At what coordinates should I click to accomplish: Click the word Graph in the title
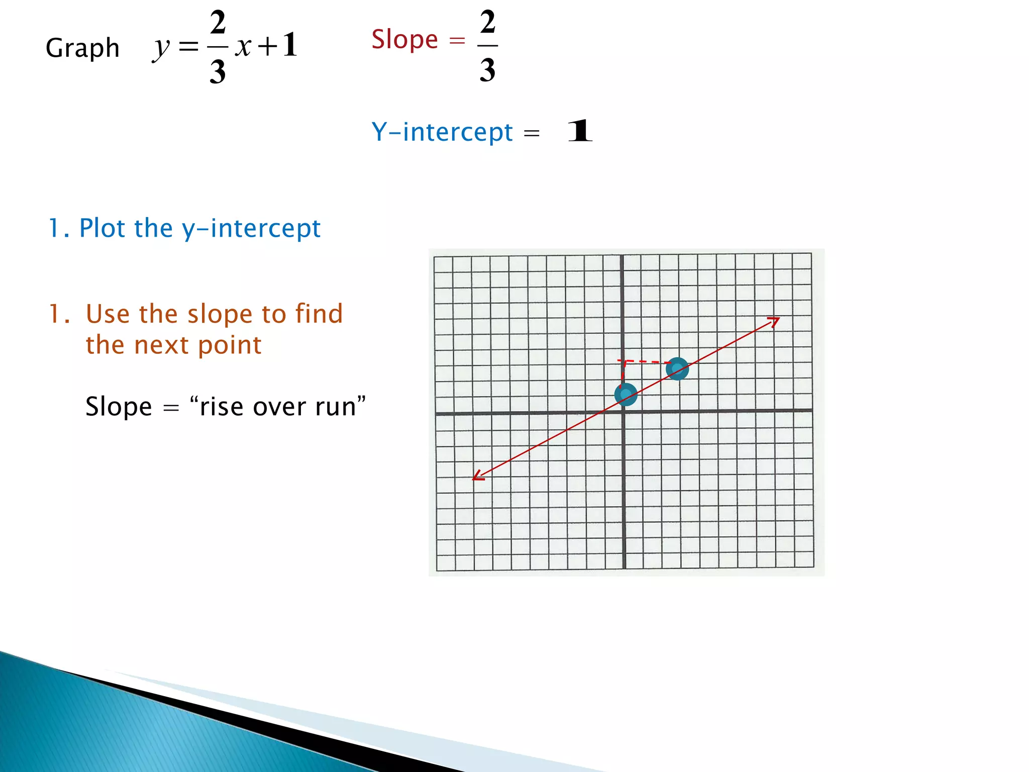[x=82, y=49]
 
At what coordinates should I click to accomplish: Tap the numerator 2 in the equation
[x=218, y=23]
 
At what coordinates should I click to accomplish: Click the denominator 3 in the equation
[x=218, y=71]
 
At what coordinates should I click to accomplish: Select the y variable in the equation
[x=161, y=48]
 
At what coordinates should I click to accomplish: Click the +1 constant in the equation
[x=278, y=45]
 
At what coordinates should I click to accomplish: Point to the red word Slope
[x=404, y=39]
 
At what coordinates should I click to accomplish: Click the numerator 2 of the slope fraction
[x=487, y=22]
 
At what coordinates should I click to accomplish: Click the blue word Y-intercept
[x=442, y=132]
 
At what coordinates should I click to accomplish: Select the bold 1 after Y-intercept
[x=580, y=131]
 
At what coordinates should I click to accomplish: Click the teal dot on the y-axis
[x=626, y=395]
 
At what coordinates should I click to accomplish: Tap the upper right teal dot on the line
[x=677, y=368]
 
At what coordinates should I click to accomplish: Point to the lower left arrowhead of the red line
[x=477, y=476]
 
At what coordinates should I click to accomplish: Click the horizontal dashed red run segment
[x=645, y=361]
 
